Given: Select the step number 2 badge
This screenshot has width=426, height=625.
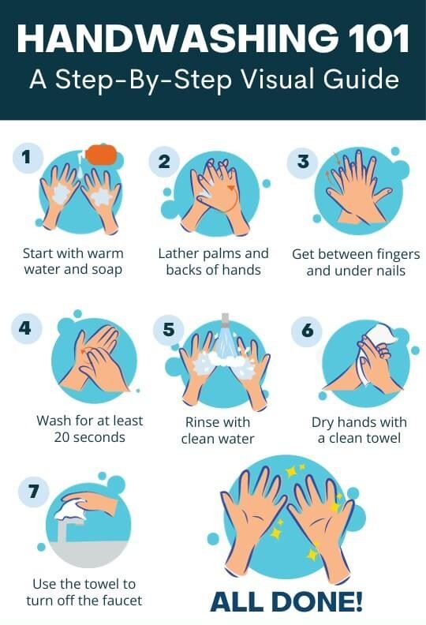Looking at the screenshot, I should (164, 162).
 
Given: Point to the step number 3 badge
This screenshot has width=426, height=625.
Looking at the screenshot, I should (302, 162).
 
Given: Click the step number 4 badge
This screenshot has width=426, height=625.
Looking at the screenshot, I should (26, 328).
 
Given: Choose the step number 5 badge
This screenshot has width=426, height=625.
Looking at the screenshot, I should (168, 329).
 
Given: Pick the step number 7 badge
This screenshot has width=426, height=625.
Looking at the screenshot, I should (33, 492).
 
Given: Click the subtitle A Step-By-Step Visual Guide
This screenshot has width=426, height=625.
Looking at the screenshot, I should (213, 80).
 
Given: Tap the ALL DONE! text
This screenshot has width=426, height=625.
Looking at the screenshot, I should (286, 601).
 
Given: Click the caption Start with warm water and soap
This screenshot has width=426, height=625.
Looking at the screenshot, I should (73, 262).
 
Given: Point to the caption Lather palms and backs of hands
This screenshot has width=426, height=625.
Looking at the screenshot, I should (213, 262).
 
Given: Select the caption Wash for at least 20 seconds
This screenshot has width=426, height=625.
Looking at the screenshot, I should (89, 429).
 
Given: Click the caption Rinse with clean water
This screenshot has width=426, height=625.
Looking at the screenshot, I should (219, 430).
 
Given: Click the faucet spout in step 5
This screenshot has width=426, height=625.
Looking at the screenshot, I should (225, 320).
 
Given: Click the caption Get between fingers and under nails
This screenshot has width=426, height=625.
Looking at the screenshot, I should (356, 263).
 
